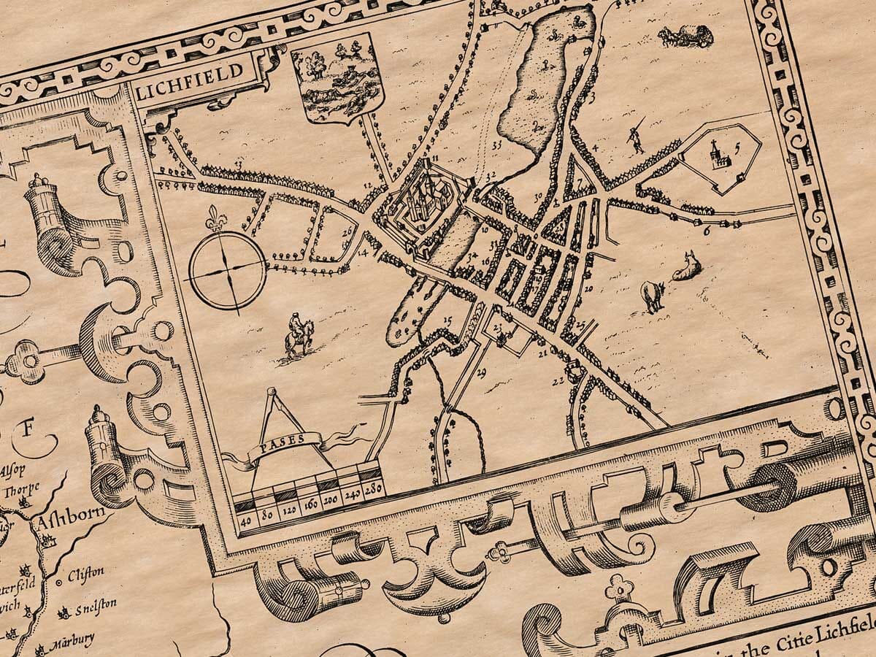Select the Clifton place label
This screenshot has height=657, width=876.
pyautogui.click(x=85, y=574)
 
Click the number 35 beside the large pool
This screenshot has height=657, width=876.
pyautogui.click(x=497, y=145)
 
